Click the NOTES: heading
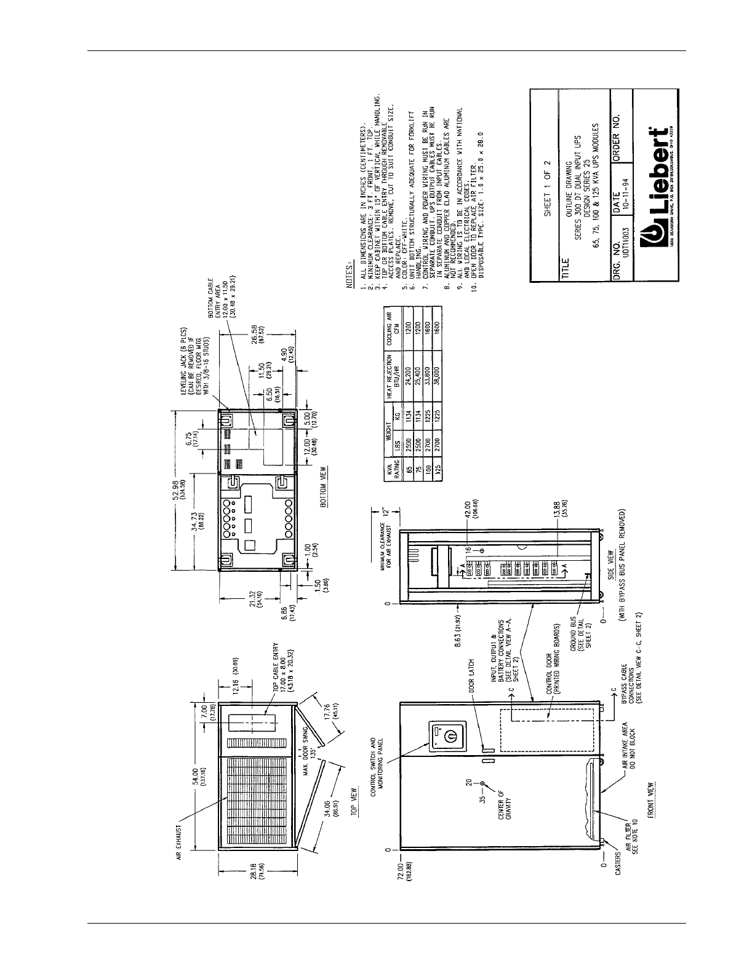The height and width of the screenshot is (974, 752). tap(350, 274)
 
